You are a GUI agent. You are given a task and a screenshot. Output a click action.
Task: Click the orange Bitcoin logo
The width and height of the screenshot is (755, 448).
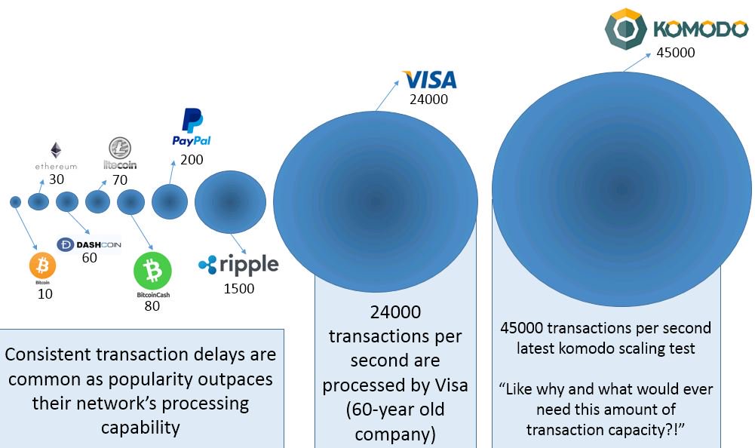[42, 265]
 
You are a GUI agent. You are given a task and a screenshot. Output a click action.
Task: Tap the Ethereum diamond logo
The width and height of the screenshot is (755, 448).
[56, 150]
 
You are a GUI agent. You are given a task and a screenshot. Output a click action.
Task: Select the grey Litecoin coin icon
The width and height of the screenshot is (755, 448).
[117, 147]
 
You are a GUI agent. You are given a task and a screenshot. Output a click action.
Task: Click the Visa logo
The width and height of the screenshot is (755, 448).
[429, 79]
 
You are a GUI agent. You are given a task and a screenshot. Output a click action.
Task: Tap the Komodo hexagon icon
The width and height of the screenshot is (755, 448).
[625, 29]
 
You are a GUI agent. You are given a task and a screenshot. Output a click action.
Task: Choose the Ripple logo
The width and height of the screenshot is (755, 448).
[238, 265]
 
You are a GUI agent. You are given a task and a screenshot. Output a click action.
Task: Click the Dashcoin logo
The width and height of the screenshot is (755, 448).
[89, 244]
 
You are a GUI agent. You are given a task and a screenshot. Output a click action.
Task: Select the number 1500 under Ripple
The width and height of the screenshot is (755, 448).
[238, 288]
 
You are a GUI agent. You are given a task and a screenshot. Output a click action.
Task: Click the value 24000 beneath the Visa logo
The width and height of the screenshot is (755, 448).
[429, 99]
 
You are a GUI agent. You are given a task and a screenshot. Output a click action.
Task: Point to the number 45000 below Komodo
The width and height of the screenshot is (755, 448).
[675, 53]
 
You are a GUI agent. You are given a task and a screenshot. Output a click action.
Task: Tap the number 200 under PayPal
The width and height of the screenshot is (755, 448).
[192, 159]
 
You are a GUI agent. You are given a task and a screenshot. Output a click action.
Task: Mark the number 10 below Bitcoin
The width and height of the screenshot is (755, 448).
[45, 294]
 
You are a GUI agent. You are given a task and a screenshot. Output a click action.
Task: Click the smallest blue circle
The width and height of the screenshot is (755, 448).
[15, 201]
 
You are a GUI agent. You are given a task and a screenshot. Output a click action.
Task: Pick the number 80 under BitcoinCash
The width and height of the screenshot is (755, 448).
[152, 305]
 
